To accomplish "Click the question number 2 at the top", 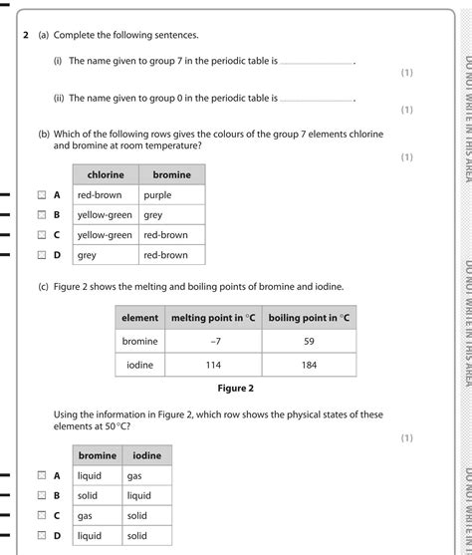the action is pos(27,34).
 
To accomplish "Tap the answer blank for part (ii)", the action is pos(317,100).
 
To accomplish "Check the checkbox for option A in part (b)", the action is pos(42,195).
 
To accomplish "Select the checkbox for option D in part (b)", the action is pos(42,255).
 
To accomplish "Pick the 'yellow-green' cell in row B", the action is pos(105,215).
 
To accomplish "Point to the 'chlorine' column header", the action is pos(105,174).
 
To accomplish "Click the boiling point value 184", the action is pos(308,365).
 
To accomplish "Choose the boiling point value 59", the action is pos(308,341).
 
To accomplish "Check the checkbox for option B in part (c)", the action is pos(42,495).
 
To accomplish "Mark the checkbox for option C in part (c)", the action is pos(42,515).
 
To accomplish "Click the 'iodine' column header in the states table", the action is pos(146,455).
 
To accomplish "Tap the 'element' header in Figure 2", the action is pos(139,317).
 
